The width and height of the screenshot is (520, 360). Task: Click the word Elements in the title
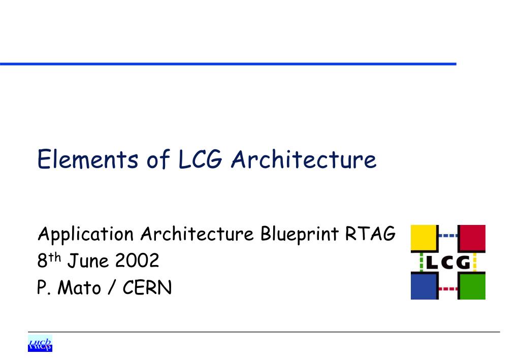point(87,159)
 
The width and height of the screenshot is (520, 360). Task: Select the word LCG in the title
point(200,159)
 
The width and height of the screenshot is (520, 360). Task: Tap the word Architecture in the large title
point(304,159)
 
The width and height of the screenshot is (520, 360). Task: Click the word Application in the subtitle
point(86,235)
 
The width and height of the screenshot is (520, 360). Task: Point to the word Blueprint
point(300,234)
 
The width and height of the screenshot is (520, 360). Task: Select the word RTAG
point(370,234)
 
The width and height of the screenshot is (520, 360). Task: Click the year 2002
point(137,260)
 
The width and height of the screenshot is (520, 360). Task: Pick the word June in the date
point(88,260)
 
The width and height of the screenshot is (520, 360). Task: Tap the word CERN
point(147,287)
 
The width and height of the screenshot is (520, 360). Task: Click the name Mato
point(79,287)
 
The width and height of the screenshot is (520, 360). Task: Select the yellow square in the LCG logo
point(424,238)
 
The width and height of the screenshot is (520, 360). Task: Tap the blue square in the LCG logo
point(424,286)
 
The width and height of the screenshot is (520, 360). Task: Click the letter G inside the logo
point(463,263)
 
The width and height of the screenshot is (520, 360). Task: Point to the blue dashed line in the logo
point(448,236)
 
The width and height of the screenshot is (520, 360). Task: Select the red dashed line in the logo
point(448,289)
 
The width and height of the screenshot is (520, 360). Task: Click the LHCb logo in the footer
point(40,343)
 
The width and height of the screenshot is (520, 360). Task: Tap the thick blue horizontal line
point(228,63)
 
